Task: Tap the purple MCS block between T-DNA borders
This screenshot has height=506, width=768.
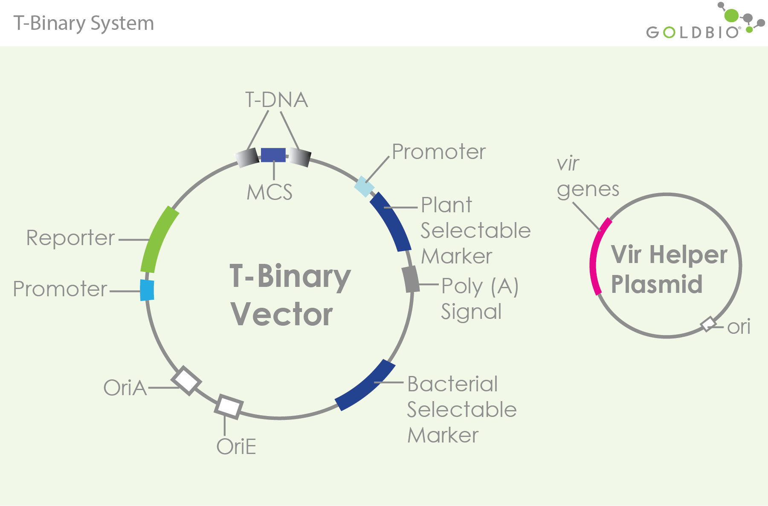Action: pyautogui.click(x=273, y=155)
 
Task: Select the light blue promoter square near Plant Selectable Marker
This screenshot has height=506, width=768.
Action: pyautogui.click(x=365, y=186)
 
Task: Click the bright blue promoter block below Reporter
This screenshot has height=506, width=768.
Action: pyautogui.click(x=147, y=290)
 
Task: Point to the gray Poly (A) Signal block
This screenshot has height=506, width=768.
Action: pyautogui.click(x=411, y=279)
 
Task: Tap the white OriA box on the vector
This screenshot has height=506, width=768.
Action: pyautogui.click(x=186, y=380)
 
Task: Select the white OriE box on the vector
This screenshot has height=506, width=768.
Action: pyautogui.click(x=229, y=406)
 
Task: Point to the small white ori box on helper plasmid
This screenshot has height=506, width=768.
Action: pyautogui.click(x=709, y=324)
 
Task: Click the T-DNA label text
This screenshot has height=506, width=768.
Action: pyautogui.click(x=276, y=100)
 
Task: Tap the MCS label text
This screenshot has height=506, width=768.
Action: pyautogui.click(x=270, y=192)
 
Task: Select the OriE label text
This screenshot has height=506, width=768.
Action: pyautogui.click(x=236, y=447)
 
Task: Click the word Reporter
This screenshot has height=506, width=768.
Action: pyautogui.click(x=70, y=238)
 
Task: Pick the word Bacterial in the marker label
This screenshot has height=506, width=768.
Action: pyautogui.click(x=452, y=384)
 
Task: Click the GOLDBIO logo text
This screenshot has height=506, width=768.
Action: pyautogui.click(x=693, y=32)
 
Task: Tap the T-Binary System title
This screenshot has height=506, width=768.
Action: pyautogui.click(x=84, y=23)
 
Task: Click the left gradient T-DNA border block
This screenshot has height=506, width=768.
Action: pyautogui.click(x=247, y=158)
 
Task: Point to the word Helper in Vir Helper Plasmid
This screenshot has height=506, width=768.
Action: pyautogui.click(x=688, y=255)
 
